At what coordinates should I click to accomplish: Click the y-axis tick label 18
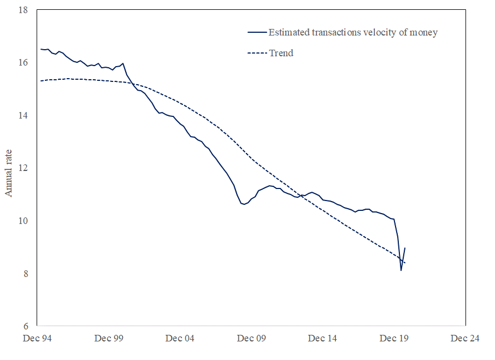pyautogui.click(x=23, y=10)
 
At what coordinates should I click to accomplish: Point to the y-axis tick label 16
pyautogui.click(x=23, y=63)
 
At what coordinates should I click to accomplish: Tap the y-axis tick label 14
pyautogui.click(x=23, y=115)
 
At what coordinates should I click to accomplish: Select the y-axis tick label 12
pyautogui.click(x=23, y=168)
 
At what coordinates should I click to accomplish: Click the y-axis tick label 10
pyautogui.click(x=23, y=221)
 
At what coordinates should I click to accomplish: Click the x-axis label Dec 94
pyautogui.click(x=38, y=339)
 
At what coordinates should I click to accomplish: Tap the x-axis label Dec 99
pyautogui.click(x=109, y=339)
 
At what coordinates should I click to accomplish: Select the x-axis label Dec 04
pyautogui.click(x=180, y=339)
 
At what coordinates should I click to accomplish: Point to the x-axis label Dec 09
pyautogui.click(x=251, y=339)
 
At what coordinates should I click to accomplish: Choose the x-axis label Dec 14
pyautogui.click(x=322, y=339)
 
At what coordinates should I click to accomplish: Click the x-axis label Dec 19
pyautogui.click(x=394, y=339)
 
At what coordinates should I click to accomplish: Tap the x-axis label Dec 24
pyautogui.click(x=465, y=339)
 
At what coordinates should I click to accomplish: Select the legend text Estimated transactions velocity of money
pyautogui.click(x=353, y=32)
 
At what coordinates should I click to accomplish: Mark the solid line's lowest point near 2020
pyautogui.click(x=401, y=270)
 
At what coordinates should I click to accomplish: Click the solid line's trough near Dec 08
pyautogui.click(x=244, y=204)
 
